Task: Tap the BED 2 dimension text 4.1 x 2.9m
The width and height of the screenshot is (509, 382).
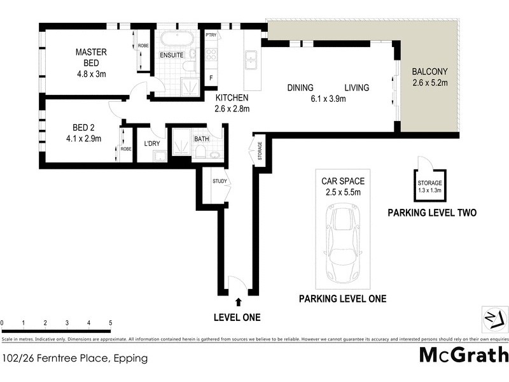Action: click(x=78, y=138)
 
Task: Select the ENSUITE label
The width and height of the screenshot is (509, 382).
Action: click(x=172, y=55)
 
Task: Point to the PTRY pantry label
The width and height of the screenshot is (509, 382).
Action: click(x=211, y=36)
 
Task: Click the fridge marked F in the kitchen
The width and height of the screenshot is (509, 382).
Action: click(x=211, y=78)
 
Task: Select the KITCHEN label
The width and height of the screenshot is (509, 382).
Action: click(x=233, y=98)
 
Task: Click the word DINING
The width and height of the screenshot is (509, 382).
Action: click(x=302, y=87)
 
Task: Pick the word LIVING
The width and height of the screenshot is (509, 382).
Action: click(x=357, y=87)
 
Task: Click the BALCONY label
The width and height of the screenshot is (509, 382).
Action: click(x=430, y=72)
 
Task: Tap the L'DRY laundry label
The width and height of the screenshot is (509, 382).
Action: click(x=151, y=143)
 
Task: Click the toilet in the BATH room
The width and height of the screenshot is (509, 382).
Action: click(x=200, y=150)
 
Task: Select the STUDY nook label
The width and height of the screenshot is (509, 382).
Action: click(x=220, y=181)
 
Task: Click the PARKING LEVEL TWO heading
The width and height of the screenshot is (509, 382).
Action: click(x=432, y=213)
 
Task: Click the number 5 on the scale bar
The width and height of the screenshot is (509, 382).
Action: click(x=110, y=323)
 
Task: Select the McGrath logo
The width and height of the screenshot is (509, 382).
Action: click(x=464, y=355)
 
